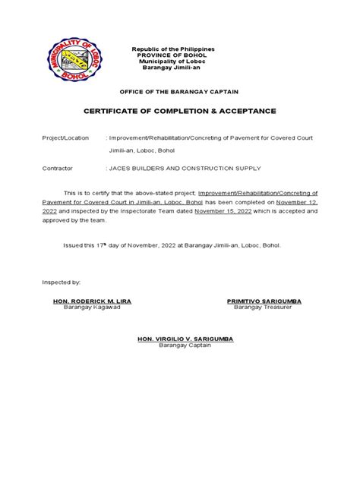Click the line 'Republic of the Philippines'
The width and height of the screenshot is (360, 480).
click(x=174, y=49)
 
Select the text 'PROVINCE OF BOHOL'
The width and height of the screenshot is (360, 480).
click(x=174, y=55)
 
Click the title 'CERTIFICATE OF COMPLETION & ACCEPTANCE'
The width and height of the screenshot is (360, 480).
click(x=179, y=111)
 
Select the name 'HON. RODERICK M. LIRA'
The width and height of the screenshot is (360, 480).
click(x=92, y=301)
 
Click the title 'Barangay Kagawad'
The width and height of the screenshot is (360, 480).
click(x=92, y=307)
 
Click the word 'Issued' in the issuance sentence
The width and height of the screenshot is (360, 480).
click(x=71, y=245)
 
